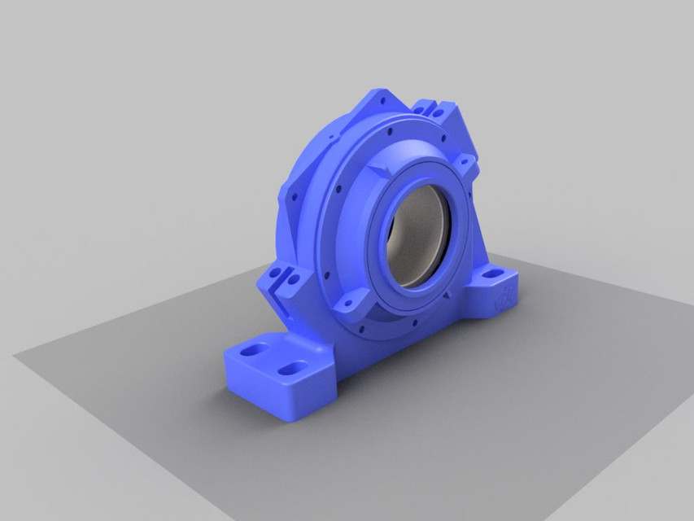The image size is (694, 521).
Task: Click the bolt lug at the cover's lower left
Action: coord(356,303)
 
